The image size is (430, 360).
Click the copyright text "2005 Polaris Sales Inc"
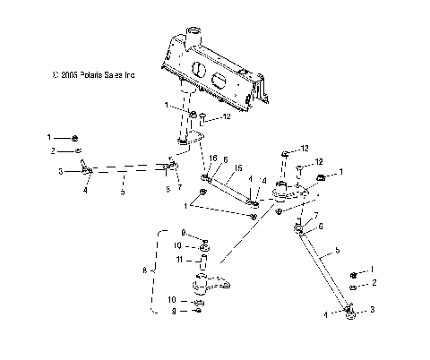tap(92, 76)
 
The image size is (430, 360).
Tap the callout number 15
tap(238, 168)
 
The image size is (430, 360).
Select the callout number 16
tap(212, 158)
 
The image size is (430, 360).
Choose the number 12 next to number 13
tap(316, 162)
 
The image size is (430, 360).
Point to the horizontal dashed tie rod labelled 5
tap(125, 167)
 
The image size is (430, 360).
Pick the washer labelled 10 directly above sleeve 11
tap(204, 245)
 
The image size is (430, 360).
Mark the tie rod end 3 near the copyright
tap(88, 167)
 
